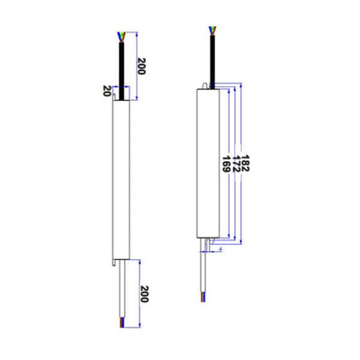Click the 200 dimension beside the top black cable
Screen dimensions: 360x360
click(140, 66)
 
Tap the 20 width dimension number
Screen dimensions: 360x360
click(107, 90)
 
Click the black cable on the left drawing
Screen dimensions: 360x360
click(121, 67)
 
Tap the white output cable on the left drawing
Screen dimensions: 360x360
click(121, 288)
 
